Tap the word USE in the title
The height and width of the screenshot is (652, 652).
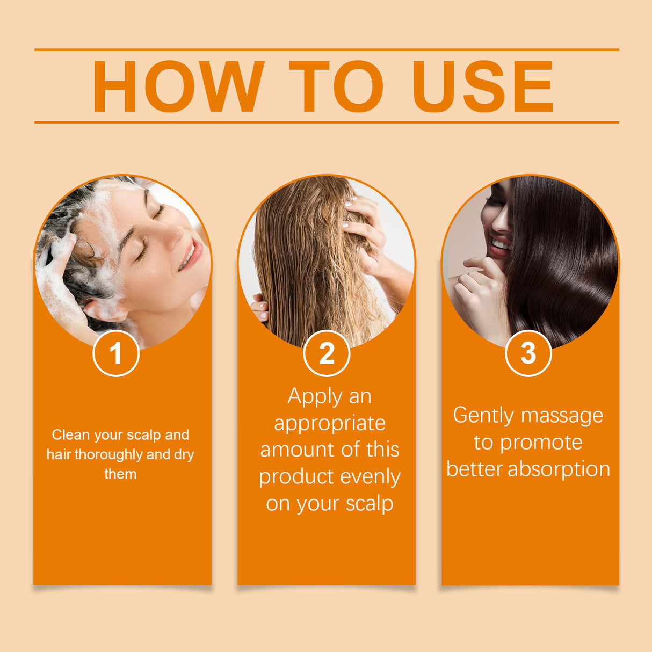coord(482,86)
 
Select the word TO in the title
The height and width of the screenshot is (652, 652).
coord(336,86)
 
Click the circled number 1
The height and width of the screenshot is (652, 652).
coord(116,353)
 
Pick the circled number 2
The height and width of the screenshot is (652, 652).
coord(327,353)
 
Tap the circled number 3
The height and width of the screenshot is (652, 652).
coord(528,353)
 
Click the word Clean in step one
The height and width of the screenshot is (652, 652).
coord(71,434)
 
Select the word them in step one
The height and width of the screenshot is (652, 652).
coord(120,474)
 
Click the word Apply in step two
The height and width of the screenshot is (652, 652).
coord(314,397)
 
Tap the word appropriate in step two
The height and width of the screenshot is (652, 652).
coord(330,423)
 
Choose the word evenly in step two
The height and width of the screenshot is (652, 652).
coord(371,477)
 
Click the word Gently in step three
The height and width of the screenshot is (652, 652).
coord(484,416)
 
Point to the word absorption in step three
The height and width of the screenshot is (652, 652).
coord(559,469)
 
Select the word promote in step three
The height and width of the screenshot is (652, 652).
coord(541,443)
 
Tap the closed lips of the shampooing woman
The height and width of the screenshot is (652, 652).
coord(190,255)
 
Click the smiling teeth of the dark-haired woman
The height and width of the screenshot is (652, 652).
coord(501,245)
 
